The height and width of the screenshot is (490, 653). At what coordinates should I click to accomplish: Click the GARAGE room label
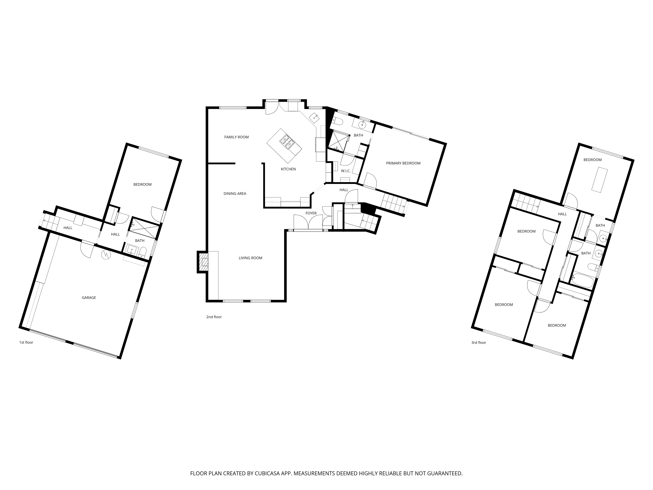click(x=89, y=298)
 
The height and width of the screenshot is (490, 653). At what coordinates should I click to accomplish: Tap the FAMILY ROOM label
click(x=236, y=137)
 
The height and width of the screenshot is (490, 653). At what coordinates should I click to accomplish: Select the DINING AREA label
click(x=235, y=194)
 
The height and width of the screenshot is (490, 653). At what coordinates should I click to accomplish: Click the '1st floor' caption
click(x=26, y=343)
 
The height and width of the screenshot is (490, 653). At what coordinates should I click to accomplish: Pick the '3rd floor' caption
click(x=478, y=343)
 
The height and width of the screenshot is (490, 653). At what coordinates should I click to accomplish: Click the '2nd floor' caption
click(x=214, y=317)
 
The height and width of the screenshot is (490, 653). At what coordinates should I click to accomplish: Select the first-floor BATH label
click(x=140, y=241)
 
